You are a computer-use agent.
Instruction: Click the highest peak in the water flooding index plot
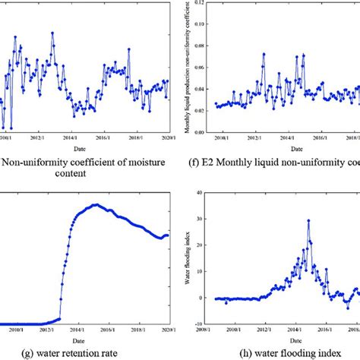pos(308,221)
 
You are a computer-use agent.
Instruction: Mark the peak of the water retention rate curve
pos(95,204)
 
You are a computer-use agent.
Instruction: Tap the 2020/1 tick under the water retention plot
pos(169,330)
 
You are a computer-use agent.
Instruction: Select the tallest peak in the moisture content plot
pos(52,33)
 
